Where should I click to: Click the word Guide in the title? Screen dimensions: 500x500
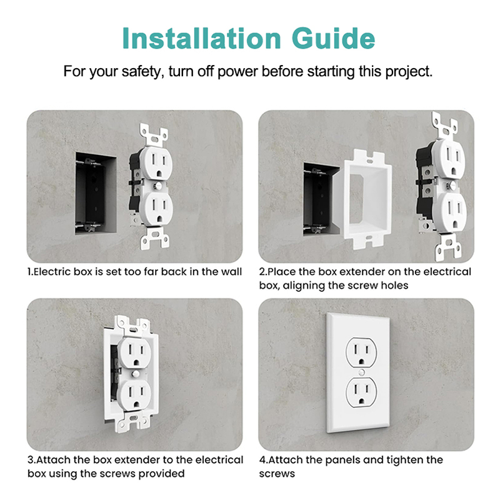tap(333, 38)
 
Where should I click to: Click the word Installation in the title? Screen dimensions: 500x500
tap(201, 38)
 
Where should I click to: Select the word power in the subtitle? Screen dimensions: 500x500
tap(237, 72)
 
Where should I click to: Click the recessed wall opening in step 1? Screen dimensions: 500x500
tap(96, 194)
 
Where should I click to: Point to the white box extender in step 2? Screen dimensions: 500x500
tap(367, 199)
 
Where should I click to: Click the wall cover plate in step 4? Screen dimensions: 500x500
tap(357, 372)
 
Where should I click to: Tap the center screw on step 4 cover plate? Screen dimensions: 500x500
tap(361, 372)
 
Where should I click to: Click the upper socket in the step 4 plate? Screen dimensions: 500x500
tap(361, 352)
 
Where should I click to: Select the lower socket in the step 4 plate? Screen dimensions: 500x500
tap(361, 392)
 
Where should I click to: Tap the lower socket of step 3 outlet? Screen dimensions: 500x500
tap(134, 394)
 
